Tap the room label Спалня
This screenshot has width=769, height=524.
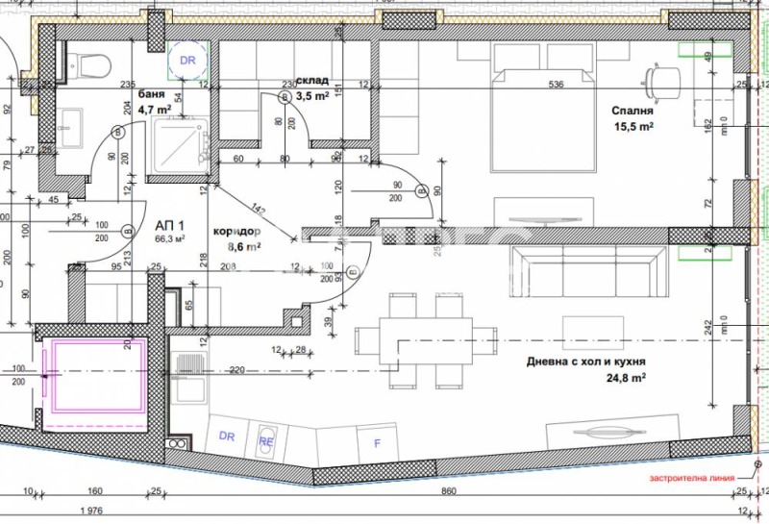click(633, 110)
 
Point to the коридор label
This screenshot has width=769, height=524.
click(236, 232)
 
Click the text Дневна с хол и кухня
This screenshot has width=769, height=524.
click(584, 362)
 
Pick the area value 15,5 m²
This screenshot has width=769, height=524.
click(633, 125)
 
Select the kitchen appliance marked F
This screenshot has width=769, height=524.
click(376, 443)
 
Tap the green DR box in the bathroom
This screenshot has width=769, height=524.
click(187, 60)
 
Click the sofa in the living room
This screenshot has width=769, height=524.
click(587, 270)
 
